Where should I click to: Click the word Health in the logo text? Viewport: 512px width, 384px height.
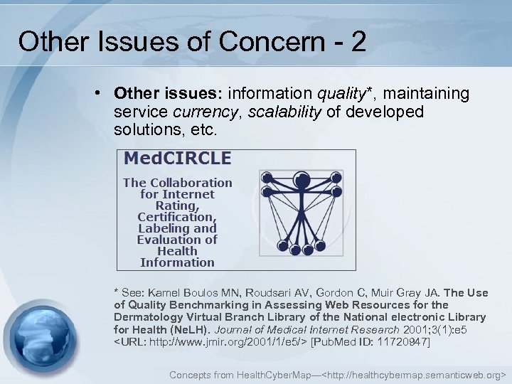click(x=177, y=251)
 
